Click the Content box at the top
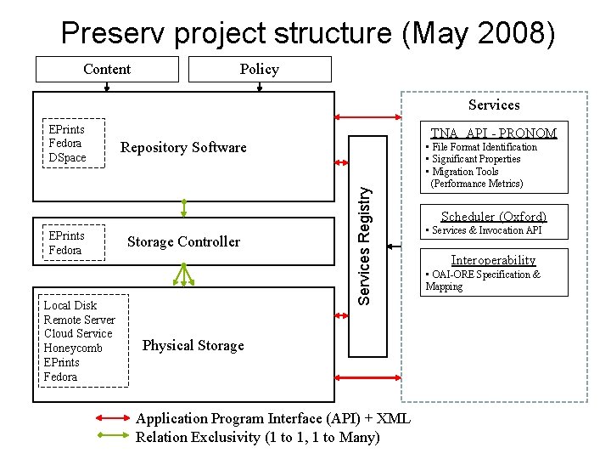[x=107, y=69]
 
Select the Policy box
[x=259, y=69]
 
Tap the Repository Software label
[x=183, y=147]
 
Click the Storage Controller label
[x=183, y=241]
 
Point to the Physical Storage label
[x=193, y=345]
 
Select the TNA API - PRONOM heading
[x=493, y=133]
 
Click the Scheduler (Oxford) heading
[x=493, y=216]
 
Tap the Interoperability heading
[x=493, y=260]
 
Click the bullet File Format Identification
[x=481, y=147]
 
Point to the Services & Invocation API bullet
[x=483, y=230]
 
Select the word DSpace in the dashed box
[x=67, y=158]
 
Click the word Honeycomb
[x=73, y=348]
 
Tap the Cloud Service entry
[x=77, y=333]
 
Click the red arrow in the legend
[x=110, y=418]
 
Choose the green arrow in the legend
[x=110, y=436]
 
